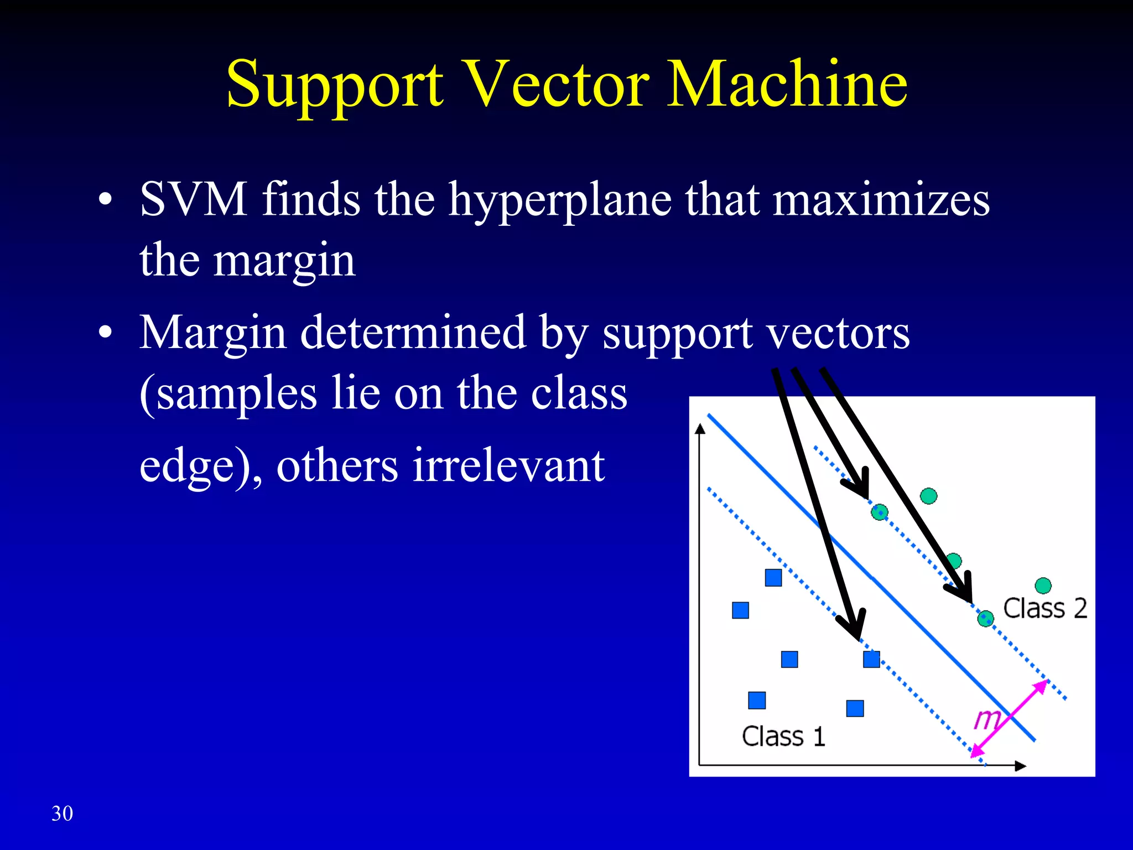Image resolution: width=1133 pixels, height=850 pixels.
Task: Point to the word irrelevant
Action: tap(508, 466)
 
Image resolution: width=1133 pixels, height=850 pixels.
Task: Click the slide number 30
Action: tap(62, 813)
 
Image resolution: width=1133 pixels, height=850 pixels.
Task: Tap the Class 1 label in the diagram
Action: tap(783, 737)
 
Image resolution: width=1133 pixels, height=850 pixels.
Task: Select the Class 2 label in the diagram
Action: tap(1044, 608)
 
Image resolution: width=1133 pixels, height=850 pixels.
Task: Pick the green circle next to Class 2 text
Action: tap(1043, 585)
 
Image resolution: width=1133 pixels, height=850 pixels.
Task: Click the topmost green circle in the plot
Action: tap(929, 496)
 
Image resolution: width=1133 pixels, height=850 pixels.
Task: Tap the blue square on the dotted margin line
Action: tap(871, 659)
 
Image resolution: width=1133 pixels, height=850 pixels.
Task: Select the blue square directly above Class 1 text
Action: tap(757, 700)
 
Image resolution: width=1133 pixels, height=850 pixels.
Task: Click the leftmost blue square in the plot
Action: tap(740, 610)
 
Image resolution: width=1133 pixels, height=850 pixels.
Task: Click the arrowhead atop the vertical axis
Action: tap(700, 429)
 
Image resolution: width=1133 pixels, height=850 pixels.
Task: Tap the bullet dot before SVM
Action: tap(105, 200)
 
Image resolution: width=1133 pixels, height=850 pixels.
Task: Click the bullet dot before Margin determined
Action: tap(105, 333)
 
